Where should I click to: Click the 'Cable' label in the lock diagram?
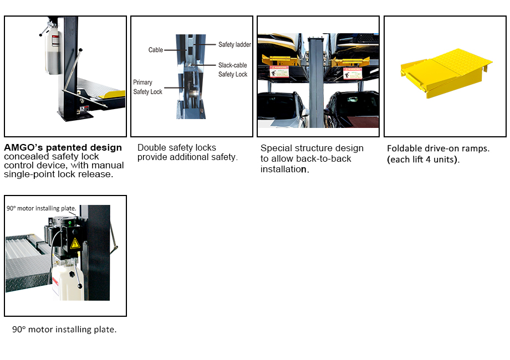tap(155, 50)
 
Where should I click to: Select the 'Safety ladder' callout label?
tap(234, 44)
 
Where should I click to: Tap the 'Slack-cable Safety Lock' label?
tap(232, 70)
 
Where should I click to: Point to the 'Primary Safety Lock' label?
tap(147, 87)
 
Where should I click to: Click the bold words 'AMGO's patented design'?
tap(63, 148)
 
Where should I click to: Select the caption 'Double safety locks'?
tap(177, 148)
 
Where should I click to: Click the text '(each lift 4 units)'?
tap(423, 160)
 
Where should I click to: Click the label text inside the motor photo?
tap(41, 209)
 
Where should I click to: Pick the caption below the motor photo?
tap(64, 330)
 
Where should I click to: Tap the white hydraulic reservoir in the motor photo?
tap(67, 282)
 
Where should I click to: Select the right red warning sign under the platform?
tap(349, 73)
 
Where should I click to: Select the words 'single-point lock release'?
tap(58, 174)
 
